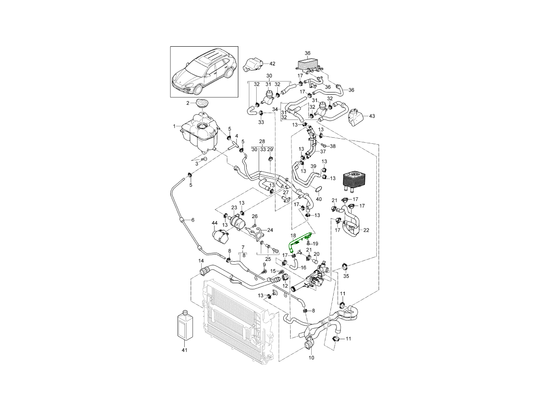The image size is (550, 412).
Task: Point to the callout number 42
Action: click(x=272, y=64)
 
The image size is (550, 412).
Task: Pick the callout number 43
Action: click(x=372, y=116)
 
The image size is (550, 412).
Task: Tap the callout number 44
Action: click(x=214, y=223)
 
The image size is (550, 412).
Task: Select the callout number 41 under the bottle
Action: click(x=184, y=350)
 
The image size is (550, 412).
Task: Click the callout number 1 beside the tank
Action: click(x=174, y=126)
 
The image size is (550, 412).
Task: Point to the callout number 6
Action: click(x=192, y=220)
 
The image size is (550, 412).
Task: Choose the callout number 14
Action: click(x=200, y=261)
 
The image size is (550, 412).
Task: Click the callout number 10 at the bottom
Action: click(x=312, y=358)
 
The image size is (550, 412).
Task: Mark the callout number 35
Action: click(x=346, y=276)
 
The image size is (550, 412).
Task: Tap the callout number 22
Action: click(x=366, y=230)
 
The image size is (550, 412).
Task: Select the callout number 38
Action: click(x=333, y=146)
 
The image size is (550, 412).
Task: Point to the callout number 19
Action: click(x=315, y=244)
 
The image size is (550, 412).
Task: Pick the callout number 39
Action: click(x=313, y=166)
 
